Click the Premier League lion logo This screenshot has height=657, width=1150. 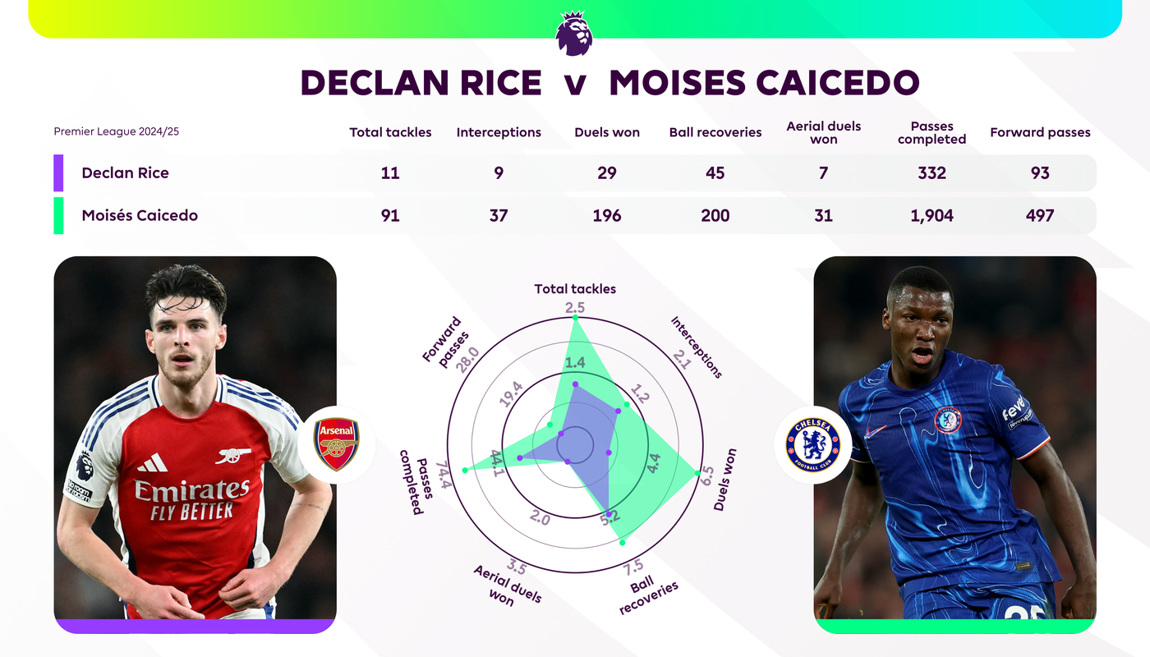574,33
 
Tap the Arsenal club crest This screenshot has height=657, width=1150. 336,444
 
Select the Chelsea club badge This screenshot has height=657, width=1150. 813,445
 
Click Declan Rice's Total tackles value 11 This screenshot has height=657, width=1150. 390,173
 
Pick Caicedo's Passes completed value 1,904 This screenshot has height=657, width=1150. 931,215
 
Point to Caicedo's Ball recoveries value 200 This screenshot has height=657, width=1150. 715,215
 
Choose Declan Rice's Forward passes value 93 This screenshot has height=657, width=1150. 1040,173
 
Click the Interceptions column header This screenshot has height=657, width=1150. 499,132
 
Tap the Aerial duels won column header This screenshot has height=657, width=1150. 823,132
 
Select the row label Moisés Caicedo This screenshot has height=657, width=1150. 140,215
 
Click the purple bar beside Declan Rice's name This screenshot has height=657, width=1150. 58,173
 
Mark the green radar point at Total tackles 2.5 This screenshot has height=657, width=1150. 575,318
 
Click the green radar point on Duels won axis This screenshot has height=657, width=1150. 697,473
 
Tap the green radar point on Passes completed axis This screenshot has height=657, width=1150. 465,470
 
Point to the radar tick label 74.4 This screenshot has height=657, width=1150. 444,476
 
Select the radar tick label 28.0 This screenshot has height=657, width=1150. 467,360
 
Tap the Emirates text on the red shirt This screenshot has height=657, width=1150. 192,490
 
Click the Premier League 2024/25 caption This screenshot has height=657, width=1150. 117,131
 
